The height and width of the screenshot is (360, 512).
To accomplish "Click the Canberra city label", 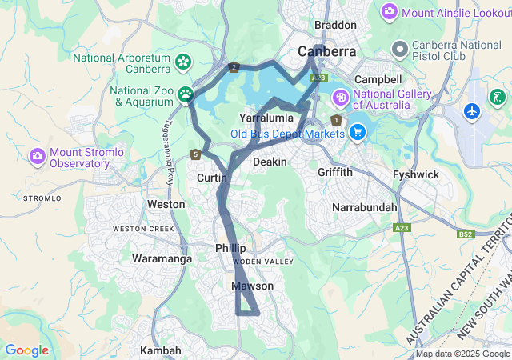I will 326,51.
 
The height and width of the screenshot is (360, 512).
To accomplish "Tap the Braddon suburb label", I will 334,26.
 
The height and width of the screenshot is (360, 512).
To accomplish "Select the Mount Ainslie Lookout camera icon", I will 390,11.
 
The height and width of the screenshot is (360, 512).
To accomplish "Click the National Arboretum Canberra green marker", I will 183,62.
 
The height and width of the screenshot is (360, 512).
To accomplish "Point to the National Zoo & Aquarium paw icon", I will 186,95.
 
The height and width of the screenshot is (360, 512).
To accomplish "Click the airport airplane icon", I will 473,110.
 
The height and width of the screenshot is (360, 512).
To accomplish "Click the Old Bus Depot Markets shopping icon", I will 358,133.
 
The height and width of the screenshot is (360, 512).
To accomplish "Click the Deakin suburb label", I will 269,162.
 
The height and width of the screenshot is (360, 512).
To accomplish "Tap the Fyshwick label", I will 416,174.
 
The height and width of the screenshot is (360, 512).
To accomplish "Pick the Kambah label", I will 161,350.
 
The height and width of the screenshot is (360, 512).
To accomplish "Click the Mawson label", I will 253,286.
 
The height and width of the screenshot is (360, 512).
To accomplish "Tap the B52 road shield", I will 466,234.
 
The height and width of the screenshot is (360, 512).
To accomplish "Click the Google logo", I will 26,350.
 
